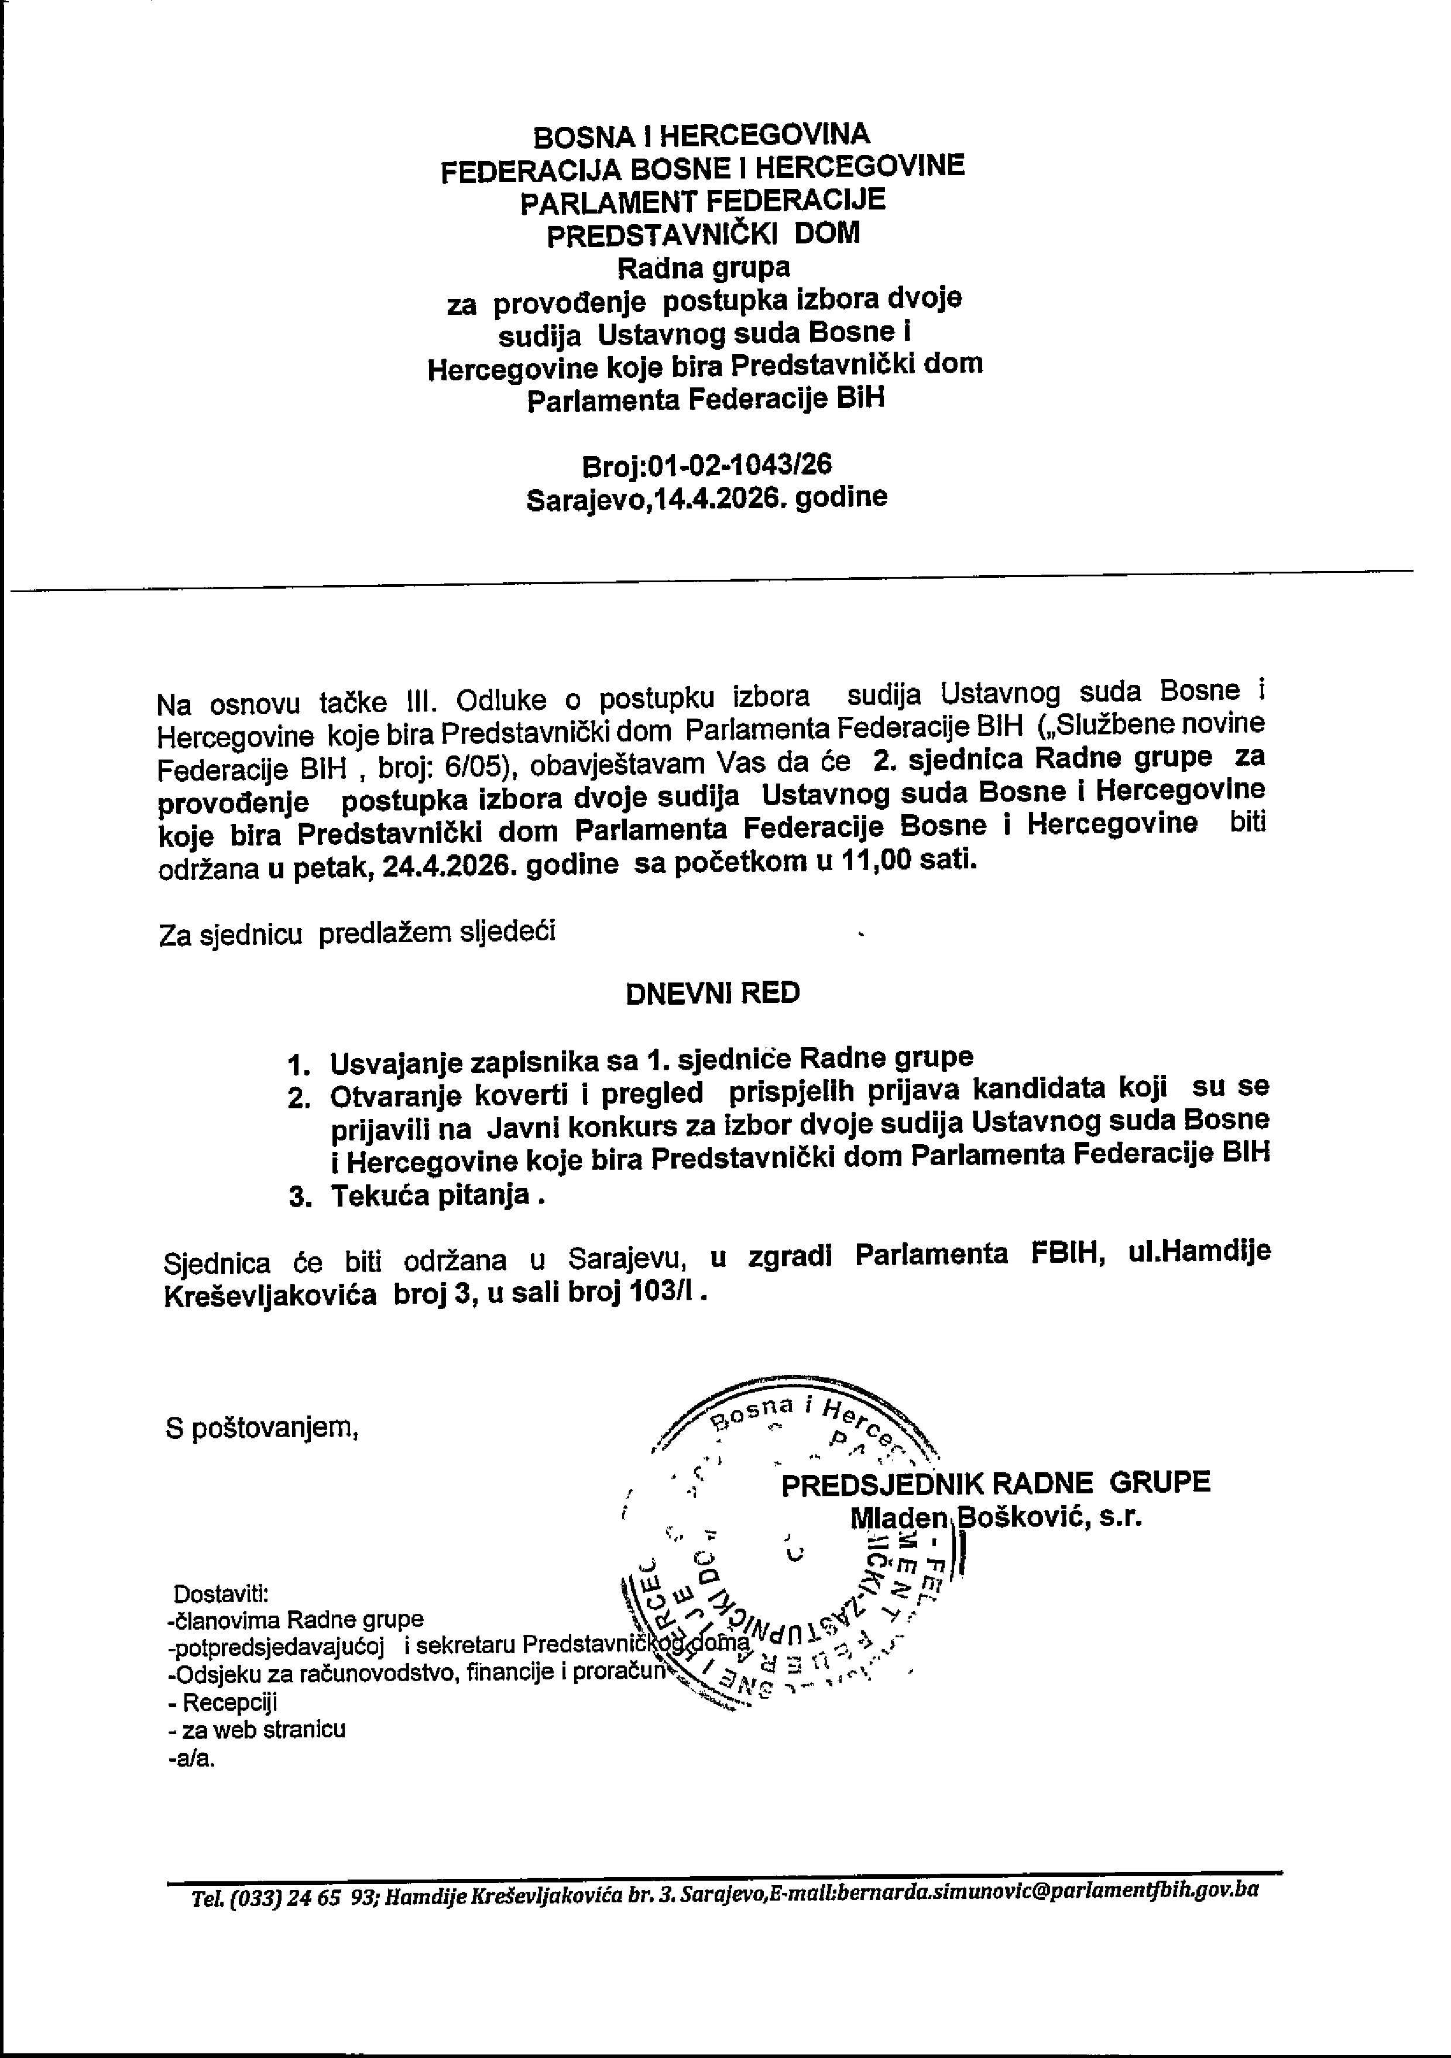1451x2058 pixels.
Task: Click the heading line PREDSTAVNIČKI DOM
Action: (702, 234)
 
